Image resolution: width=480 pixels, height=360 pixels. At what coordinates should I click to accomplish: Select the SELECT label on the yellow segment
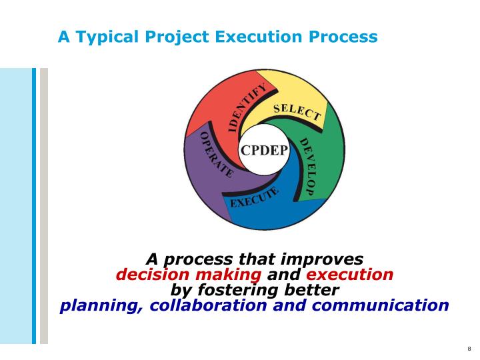coord(297,112)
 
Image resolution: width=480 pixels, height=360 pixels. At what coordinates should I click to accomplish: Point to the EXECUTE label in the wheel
coord(254,198)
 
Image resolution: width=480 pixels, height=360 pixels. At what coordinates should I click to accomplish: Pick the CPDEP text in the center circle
coord(264,150)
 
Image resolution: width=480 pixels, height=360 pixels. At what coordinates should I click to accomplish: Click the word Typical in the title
coord(107,37)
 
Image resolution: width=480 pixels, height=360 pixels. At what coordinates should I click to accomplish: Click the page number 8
coord(469,349)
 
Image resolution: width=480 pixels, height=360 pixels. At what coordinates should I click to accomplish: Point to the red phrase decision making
coord(189,275)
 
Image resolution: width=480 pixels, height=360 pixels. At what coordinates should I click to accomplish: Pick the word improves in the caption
coord(323,259)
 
